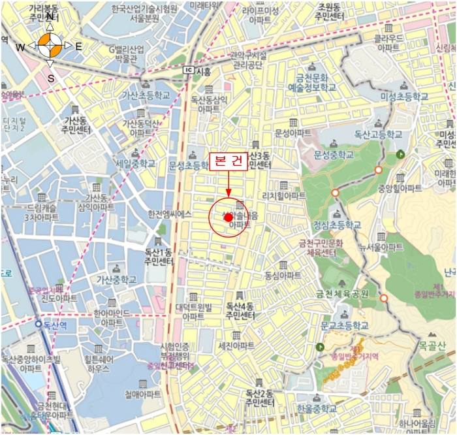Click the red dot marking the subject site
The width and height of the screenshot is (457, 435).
point(228,217)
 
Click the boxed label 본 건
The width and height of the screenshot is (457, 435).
point(228,161)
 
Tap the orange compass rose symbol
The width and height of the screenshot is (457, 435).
point(50,45)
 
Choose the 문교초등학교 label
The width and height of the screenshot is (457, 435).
point(344,325)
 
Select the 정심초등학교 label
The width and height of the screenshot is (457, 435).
point(337,224)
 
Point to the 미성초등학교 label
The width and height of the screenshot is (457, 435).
point(405,96)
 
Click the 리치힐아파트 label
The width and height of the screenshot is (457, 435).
point(283,195)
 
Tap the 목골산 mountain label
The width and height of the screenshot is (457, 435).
point(432,346)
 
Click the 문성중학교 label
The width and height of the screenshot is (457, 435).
point(334,155)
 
